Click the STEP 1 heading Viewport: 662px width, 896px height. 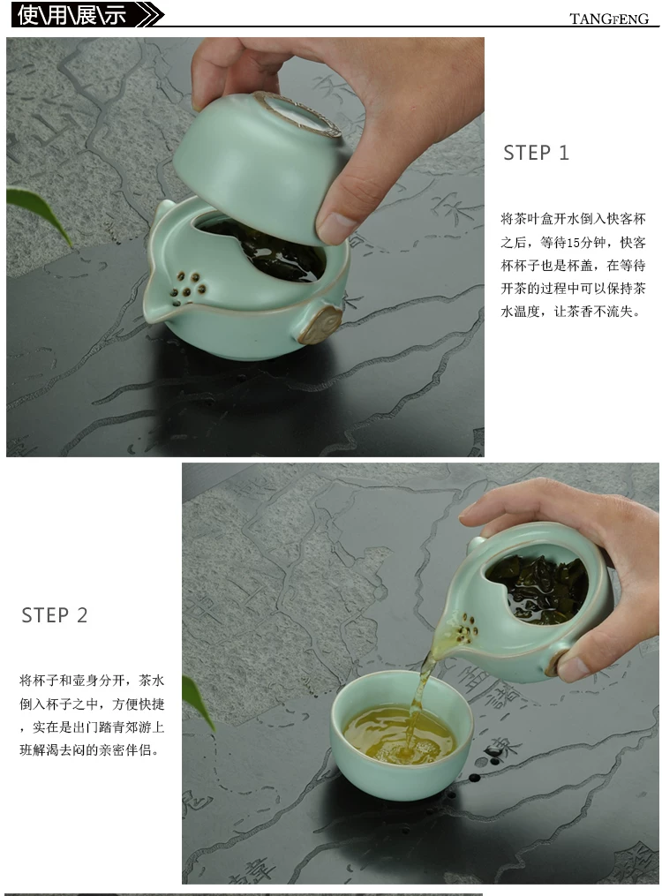coord(536,153)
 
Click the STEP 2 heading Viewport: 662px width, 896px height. coord(54,615)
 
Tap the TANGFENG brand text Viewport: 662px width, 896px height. coord(609,19)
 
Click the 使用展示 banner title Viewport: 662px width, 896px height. coord(71,15)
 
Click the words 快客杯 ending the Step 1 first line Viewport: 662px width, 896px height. coord(626,219)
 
